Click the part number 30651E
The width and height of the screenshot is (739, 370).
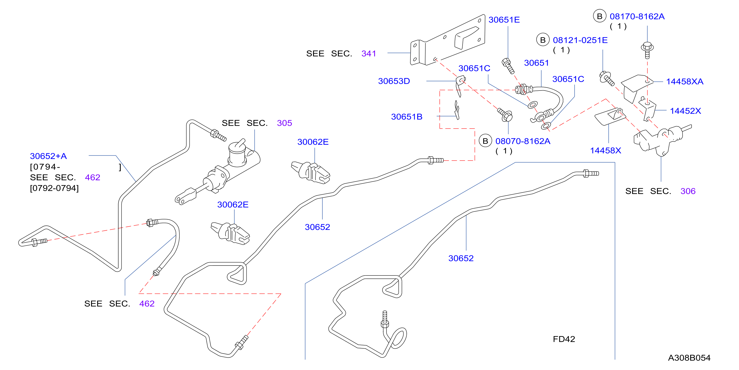pyautogui.click(x=504, y=20)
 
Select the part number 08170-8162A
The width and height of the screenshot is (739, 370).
pyautogui.click(x=637, y=16)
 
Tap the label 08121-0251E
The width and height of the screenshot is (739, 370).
pyautogui.click(x=580, y=40)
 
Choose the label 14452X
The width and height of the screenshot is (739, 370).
pyautogui.click(x=685, y=111)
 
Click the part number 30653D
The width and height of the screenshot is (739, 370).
pyautogui.click(x=394, y=81)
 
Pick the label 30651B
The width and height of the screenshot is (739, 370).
pyautogui.click(x=406, y=117)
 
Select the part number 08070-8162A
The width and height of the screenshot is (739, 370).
pyautogui.click(x=523, y=141)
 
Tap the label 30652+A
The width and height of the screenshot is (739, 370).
pyautogui.click(x=48, y=156)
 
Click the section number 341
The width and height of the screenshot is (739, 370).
pyautogui.click(x=369, y=54)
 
